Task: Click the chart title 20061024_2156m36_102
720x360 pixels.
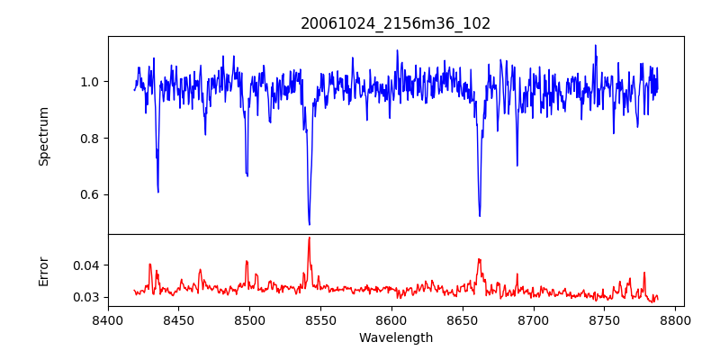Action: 395,23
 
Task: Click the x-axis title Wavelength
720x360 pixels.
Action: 395,338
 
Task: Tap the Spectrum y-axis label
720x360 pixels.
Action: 43,136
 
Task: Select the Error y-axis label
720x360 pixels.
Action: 43,271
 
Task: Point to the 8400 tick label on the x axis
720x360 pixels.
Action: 108,319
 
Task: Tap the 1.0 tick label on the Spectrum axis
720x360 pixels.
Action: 89,82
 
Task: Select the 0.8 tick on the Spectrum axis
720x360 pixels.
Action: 89,139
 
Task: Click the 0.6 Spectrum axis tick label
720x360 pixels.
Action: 89,195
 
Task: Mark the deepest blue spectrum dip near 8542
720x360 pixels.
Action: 309,224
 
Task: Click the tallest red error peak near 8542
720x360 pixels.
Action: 309,238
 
